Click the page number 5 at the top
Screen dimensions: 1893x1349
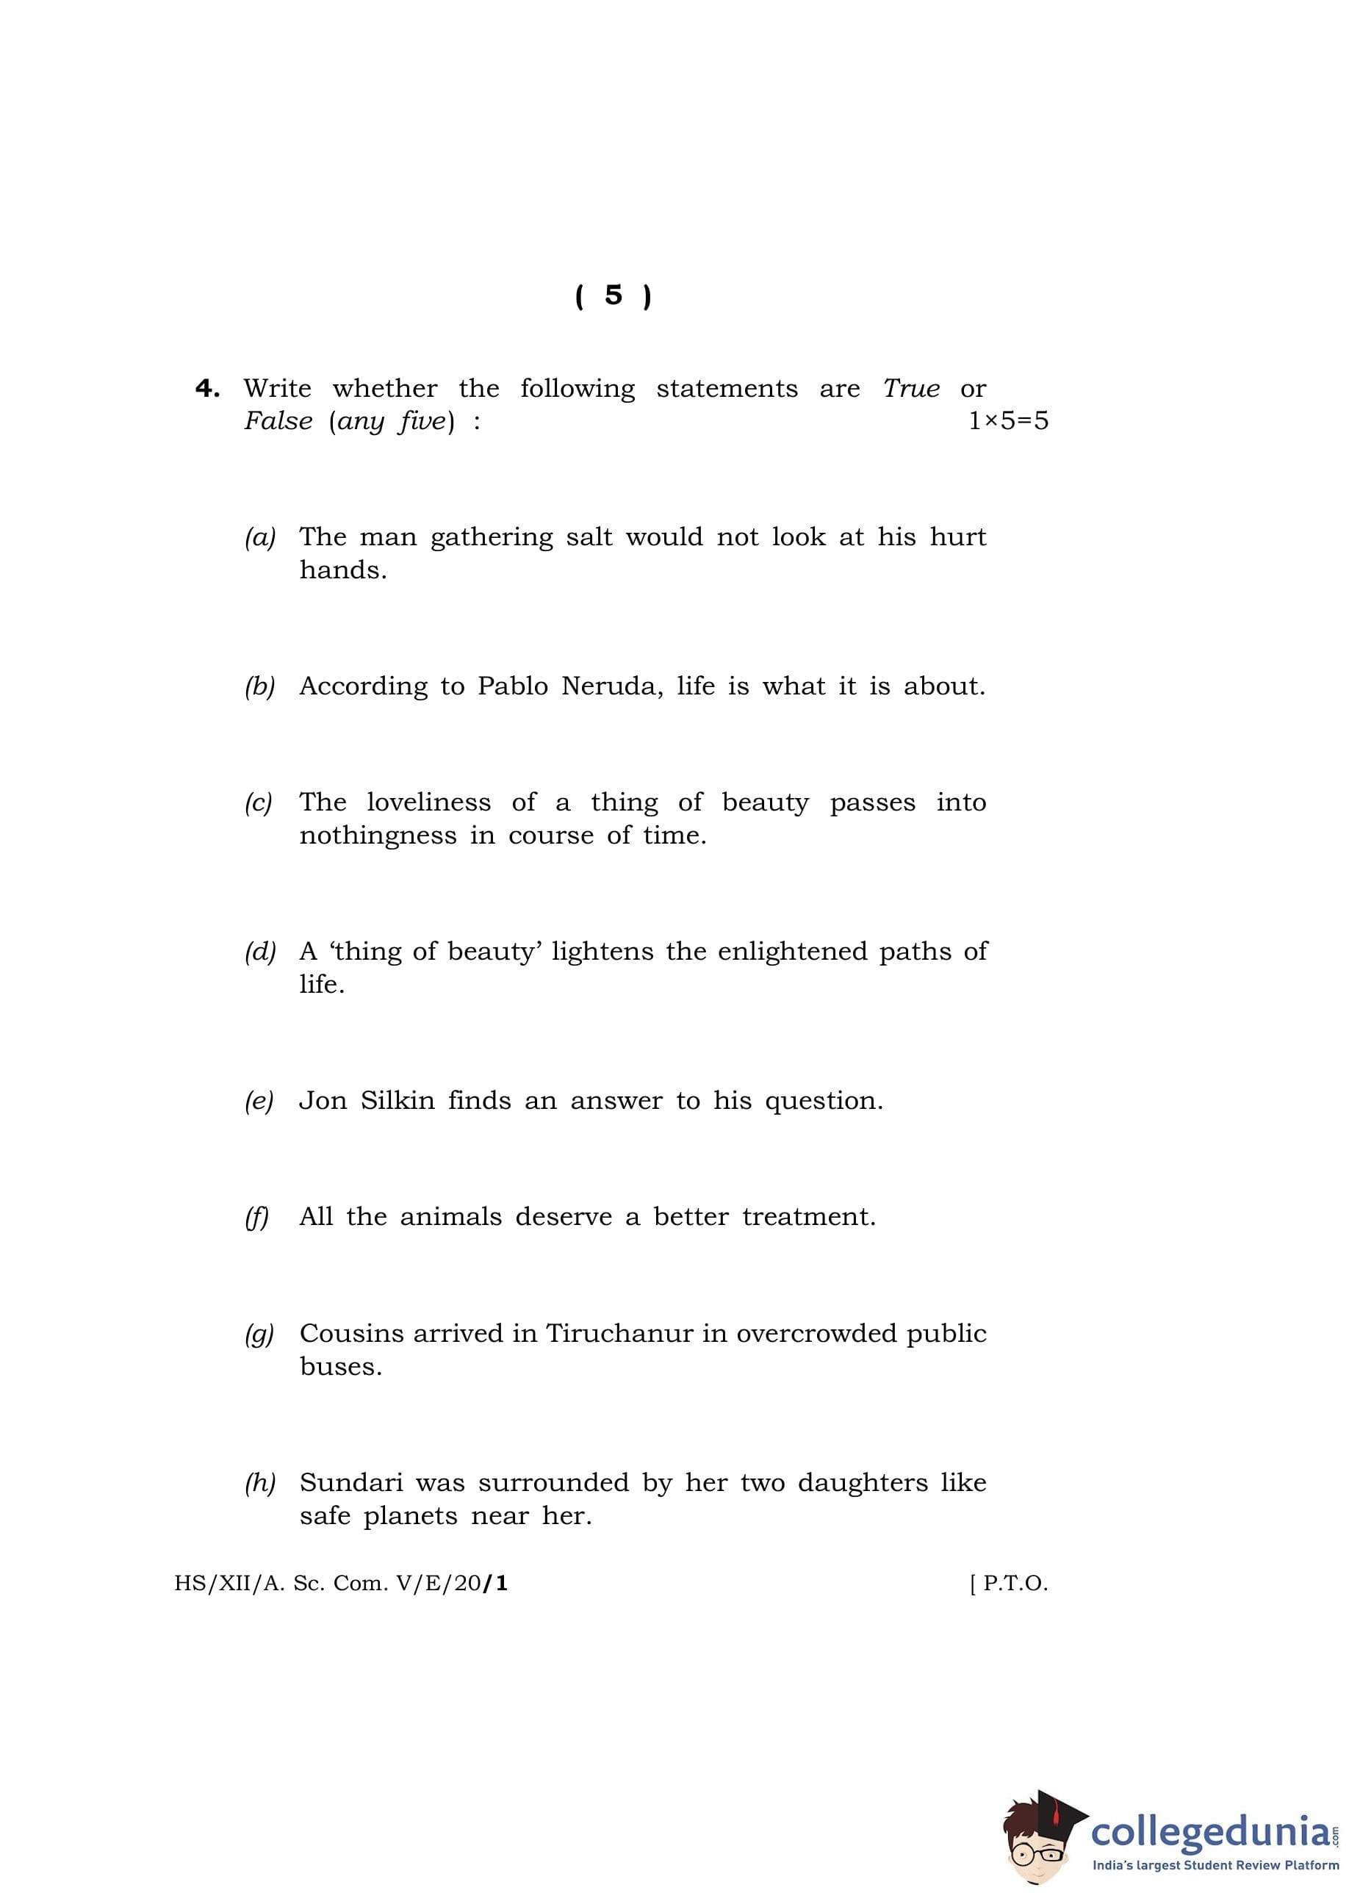(x=613, y=295)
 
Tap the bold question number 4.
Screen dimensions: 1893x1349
(x=207, y=389)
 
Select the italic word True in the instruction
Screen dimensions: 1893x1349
(x=910, y=389)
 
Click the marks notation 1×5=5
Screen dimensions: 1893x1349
(x=1007, y=421)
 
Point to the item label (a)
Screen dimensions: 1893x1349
(x=260, y=538)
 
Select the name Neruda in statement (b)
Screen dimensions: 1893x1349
(x=611, y=687)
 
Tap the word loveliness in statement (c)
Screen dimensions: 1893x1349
(x=428, y=802)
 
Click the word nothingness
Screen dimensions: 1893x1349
(x=378, y=836)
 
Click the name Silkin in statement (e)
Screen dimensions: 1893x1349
(x=397, y=1101)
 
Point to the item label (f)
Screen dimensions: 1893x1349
(x=256, y=1218)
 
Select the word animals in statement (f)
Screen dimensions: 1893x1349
(x=450, y=1217)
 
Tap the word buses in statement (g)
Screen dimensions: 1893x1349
(x=341, y=1366)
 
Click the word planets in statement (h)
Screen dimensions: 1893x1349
(x=410, y=1517)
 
